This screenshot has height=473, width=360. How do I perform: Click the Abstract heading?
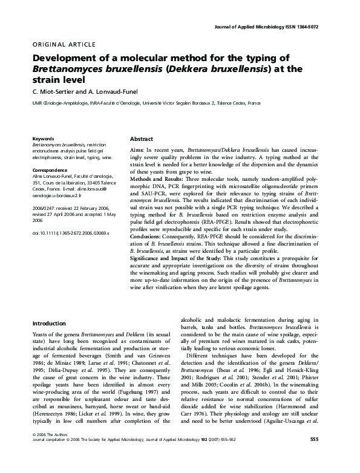[x=141, y=139]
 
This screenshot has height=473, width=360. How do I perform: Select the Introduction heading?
[x=49, y=324]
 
